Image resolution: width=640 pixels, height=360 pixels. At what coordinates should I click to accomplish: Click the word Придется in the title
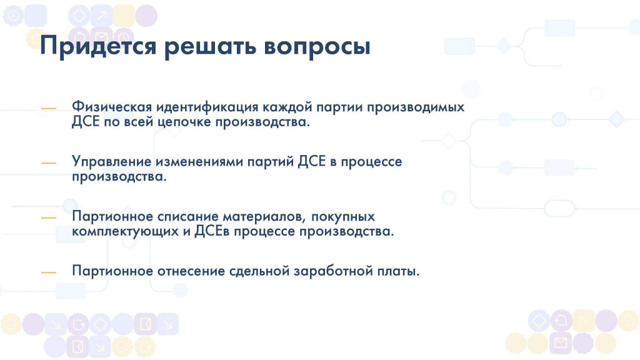pos(98,46)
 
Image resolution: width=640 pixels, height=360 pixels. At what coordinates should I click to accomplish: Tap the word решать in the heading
pos(210,46)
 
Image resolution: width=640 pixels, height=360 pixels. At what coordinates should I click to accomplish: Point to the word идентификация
pos(207,106)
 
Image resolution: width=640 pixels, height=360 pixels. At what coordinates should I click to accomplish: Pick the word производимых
pos(416,107)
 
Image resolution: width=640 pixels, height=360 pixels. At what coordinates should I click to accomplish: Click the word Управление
pos(112,162)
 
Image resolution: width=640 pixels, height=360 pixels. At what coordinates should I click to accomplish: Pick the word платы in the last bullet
pos(397,271)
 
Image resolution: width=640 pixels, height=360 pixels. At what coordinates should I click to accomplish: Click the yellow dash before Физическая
pos(49,108)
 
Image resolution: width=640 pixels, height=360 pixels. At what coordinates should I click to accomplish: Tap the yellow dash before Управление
pos(49,163)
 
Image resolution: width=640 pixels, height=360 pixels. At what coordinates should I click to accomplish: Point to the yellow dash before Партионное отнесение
pos(49,272)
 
